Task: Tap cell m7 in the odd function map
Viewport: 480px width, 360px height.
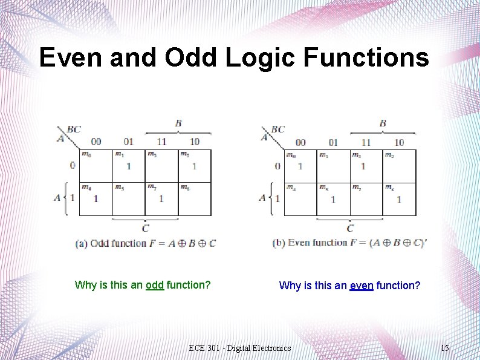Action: [x=161, y=198]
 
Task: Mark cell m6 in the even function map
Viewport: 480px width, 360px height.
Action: [x=399, y=198]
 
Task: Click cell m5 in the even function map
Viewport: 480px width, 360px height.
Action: [x=332, y=198]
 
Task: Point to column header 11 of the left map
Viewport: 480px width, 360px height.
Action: [x=161, y=142]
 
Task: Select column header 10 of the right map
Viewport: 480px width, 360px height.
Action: [x=399, y=142]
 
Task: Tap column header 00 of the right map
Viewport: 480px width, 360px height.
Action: [x=300, y=142]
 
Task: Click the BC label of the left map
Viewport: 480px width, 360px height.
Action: [x=74, y=129]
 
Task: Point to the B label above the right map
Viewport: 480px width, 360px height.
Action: [x=383, y=123]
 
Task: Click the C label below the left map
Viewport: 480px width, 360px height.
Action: [x=145, y=228]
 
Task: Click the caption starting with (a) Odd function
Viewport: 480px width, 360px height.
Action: [x=145, y=243]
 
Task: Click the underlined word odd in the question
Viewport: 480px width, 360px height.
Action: [x=155, y=284]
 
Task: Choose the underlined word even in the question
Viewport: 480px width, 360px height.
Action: [x=362, y=285]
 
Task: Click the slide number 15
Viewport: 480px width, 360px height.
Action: [x=444, y=348]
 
